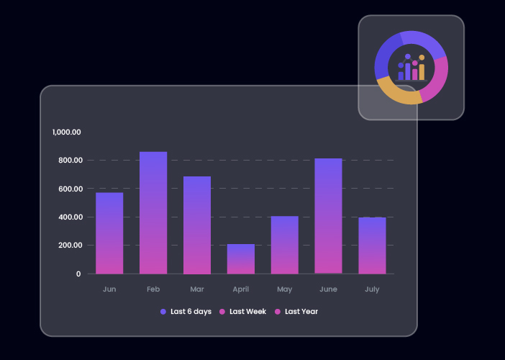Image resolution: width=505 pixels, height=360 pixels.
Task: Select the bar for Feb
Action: pyautogui.click(x=153, y=212)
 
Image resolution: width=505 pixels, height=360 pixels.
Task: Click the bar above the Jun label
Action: pyautogui.click(x=109, y=233)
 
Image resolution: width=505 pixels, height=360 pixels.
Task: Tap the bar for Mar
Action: pyautogui.click(x=197, y=225)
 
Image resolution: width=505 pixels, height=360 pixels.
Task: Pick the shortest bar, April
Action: pyautogui.click(x=241, y=259)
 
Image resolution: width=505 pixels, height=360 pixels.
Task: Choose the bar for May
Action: pyautogui.click(x=285, y=245)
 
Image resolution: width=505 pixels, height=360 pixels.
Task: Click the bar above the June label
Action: pyautogui.click(x=329, y=216)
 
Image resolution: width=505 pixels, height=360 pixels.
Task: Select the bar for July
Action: pyautogui.click(x=373, y=246)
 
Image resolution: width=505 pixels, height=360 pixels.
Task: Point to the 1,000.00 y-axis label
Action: pyautogui.click(x=67, y=132)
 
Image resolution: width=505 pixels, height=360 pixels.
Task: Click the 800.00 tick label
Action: pyautogui.click(x=70, y=160)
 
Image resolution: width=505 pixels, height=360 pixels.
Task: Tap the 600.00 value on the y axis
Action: pyautogui.click(x=70, y=189)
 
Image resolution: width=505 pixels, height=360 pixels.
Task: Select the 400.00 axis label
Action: pyautogui.click(x=70, y=217)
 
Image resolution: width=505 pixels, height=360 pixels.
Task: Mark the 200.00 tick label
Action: pyautogui.click(x=70, y=246)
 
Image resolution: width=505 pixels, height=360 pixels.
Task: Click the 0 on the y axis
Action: pyautogui.click(x=78, y=274)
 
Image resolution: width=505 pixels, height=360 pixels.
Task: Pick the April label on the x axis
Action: pyautogui.click(x=241, y=289)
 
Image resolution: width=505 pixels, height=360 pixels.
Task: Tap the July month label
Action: pyautogui.click(x=372, y=289)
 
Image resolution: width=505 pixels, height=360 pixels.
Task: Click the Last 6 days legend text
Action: pyautogui.click(x=191, y=312)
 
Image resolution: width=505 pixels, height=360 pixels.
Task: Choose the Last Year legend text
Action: pyautogui.click(x=301, y=312)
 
